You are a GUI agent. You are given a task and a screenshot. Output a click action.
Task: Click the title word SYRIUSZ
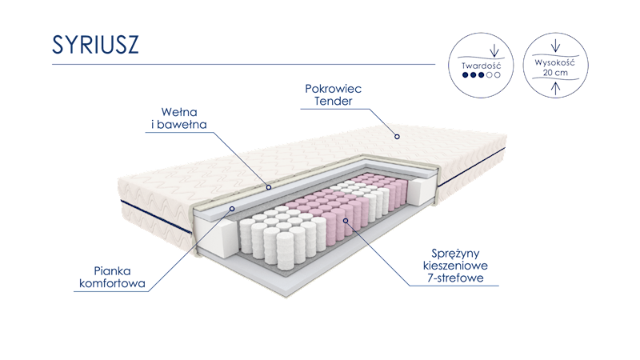click(x=95, y=46)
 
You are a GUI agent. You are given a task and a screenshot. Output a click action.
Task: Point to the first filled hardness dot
click(x=465, y=75)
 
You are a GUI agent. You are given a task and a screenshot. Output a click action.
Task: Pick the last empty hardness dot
click(x=498, y=75)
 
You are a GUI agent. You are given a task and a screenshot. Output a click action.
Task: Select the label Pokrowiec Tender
click(x=333, y=94)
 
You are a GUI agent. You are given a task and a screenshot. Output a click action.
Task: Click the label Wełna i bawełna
click(x=179, y=118)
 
